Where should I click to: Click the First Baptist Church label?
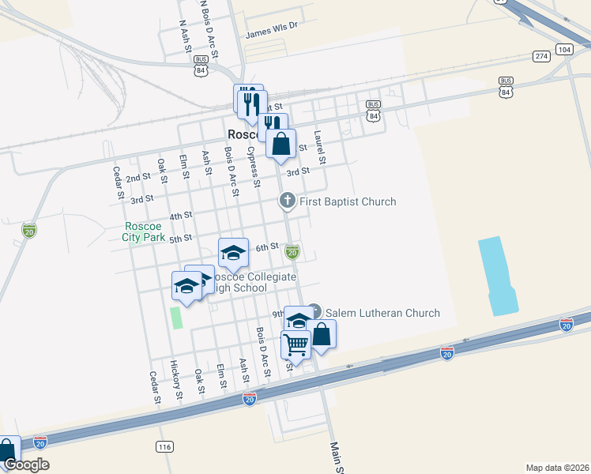click(348, 201)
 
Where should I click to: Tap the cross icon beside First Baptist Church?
click(288, 201)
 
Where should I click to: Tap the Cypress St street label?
click(254, 166)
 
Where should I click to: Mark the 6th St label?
click(268, 247)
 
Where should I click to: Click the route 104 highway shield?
click(563, 49)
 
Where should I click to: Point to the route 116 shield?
click(164, 447)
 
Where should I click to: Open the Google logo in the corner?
click(26, 465)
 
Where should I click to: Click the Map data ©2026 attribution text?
click(557, 467)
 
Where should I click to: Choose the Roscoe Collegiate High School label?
click(250, 283)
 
